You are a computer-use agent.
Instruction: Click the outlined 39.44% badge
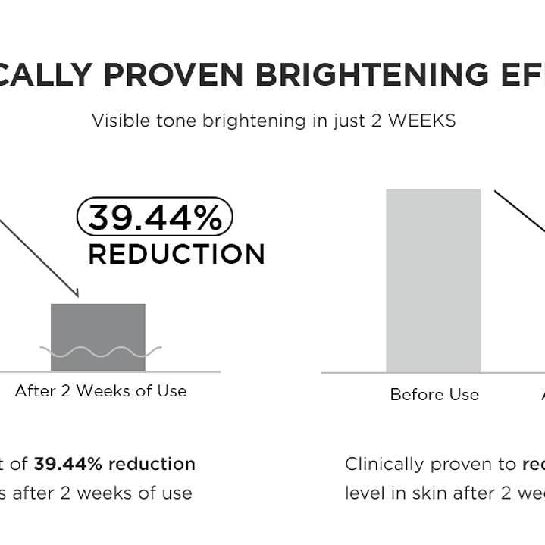click(x=155, y=218)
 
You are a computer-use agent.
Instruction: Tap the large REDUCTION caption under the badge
click(x=177, y=255)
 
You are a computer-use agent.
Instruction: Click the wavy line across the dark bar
click(x=100, y=352)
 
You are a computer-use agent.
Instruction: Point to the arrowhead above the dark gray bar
click(x=75, y=293)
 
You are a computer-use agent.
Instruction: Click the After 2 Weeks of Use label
click(x=101, y=392)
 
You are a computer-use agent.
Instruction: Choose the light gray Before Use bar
click(x=433, y=280)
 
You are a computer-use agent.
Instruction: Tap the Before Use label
click(x=434, y=395)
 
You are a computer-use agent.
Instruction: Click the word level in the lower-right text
click(x=364, y=493)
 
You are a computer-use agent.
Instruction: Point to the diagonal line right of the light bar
click(x=520, y=211)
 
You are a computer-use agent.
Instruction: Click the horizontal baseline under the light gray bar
click(x=356, y=373)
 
